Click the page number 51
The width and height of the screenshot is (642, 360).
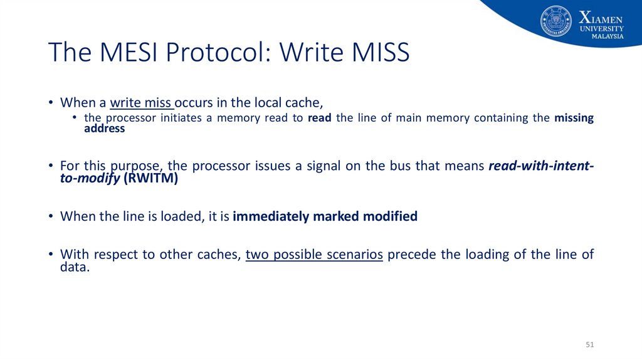click(589, 345)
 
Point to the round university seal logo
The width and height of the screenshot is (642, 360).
click(556, 21)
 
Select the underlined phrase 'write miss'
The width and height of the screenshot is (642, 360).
click(142, 102)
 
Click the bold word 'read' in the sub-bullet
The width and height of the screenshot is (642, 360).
click(320, 118)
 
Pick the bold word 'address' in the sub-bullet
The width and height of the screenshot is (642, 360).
click(105, 129)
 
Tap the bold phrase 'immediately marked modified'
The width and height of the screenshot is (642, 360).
click(325, 216)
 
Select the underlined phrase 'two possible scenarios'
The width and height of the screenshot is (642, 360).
click(314, 255)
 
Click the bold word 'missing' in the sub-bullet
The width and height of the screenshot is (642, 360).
click(574, 118)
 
